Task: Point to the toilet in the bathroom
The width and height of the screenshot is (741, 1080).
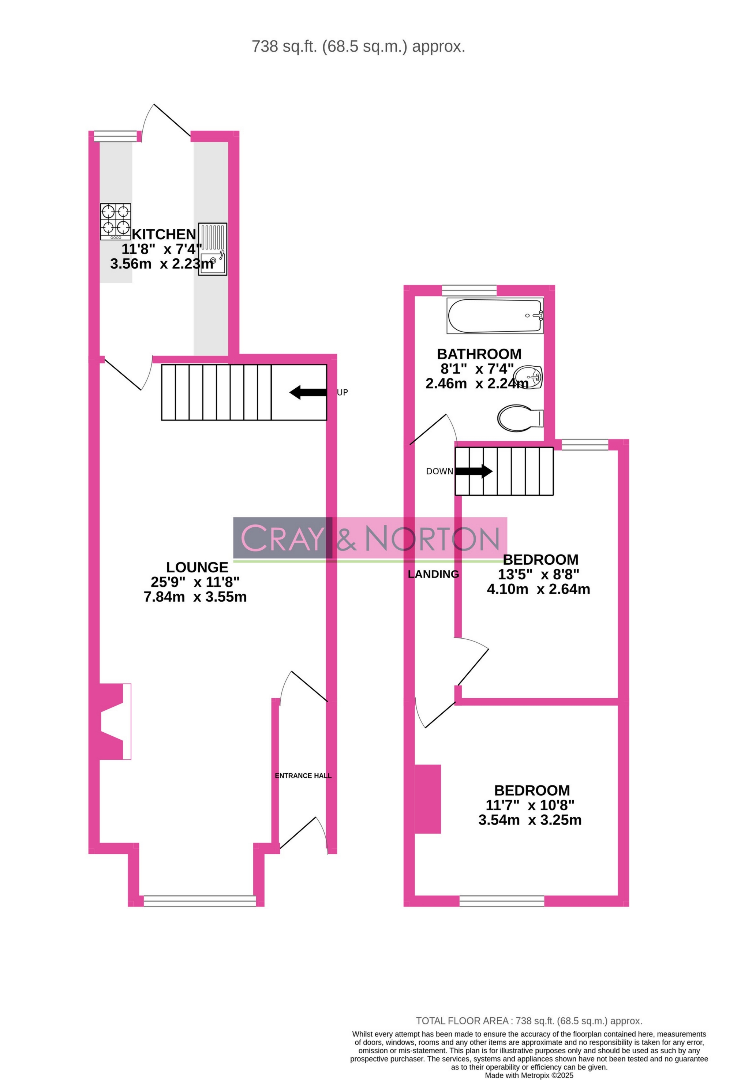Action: [x=520, y=418]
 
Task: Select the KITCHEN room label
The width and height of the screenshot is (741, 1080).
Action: [x=164, y=234]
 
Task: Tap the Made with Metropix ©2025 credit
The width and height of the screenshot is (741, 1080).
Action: [x=529, y=1075]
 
